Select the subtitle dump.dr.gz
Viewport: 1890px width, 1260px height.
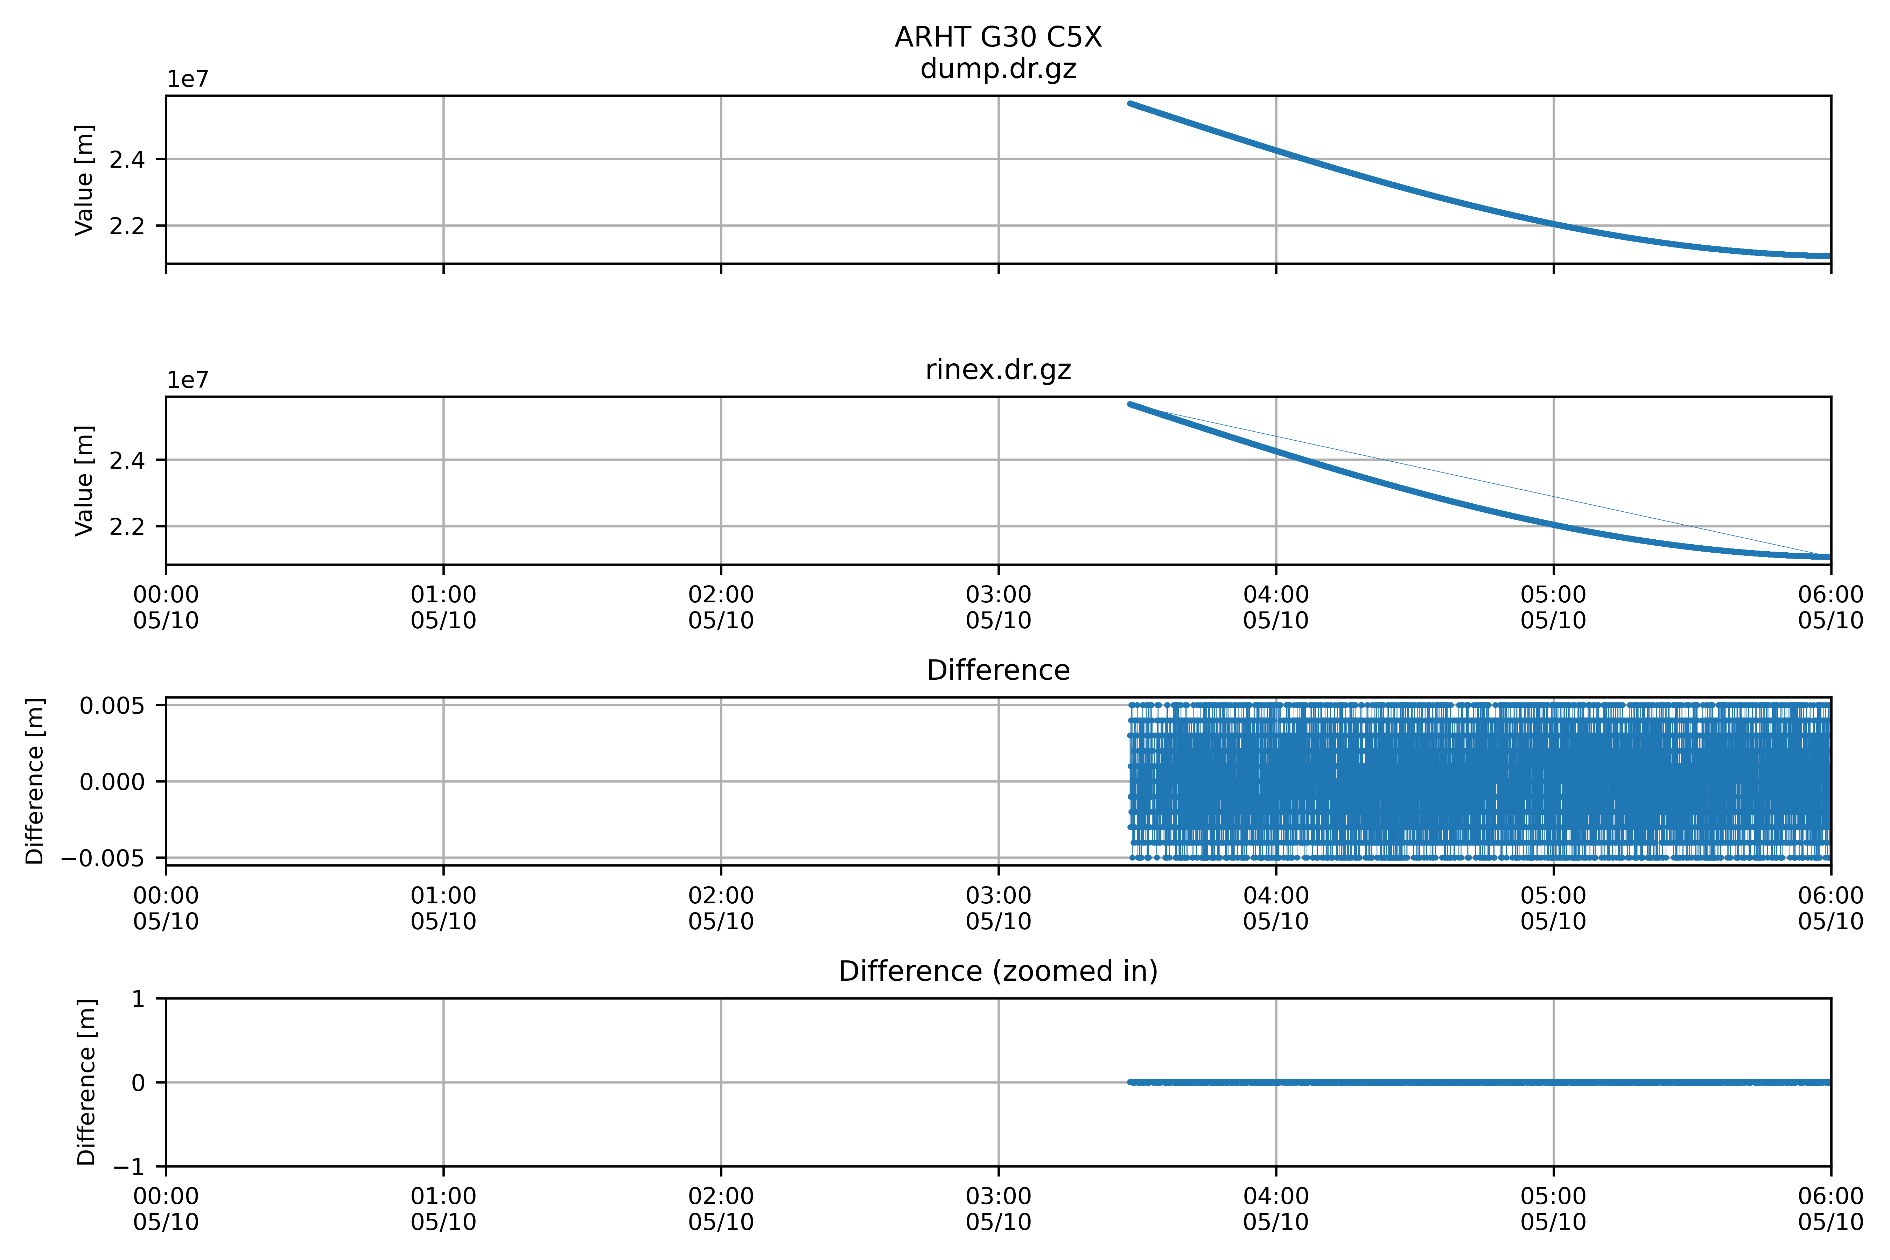(998, 69)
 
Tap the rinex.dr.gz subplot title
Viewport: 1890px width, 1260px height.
(998, 370)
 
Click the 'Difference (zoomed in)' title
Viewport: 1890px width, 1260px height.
(998, 972)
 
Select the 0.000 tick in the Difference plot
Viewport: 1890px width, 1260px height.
(112, 782)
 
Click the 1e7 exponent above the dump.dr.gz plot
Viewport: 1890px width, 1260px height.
(187, 79)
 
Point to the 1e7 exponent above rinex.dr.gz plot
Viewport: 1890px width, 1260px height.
(187, 380)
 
